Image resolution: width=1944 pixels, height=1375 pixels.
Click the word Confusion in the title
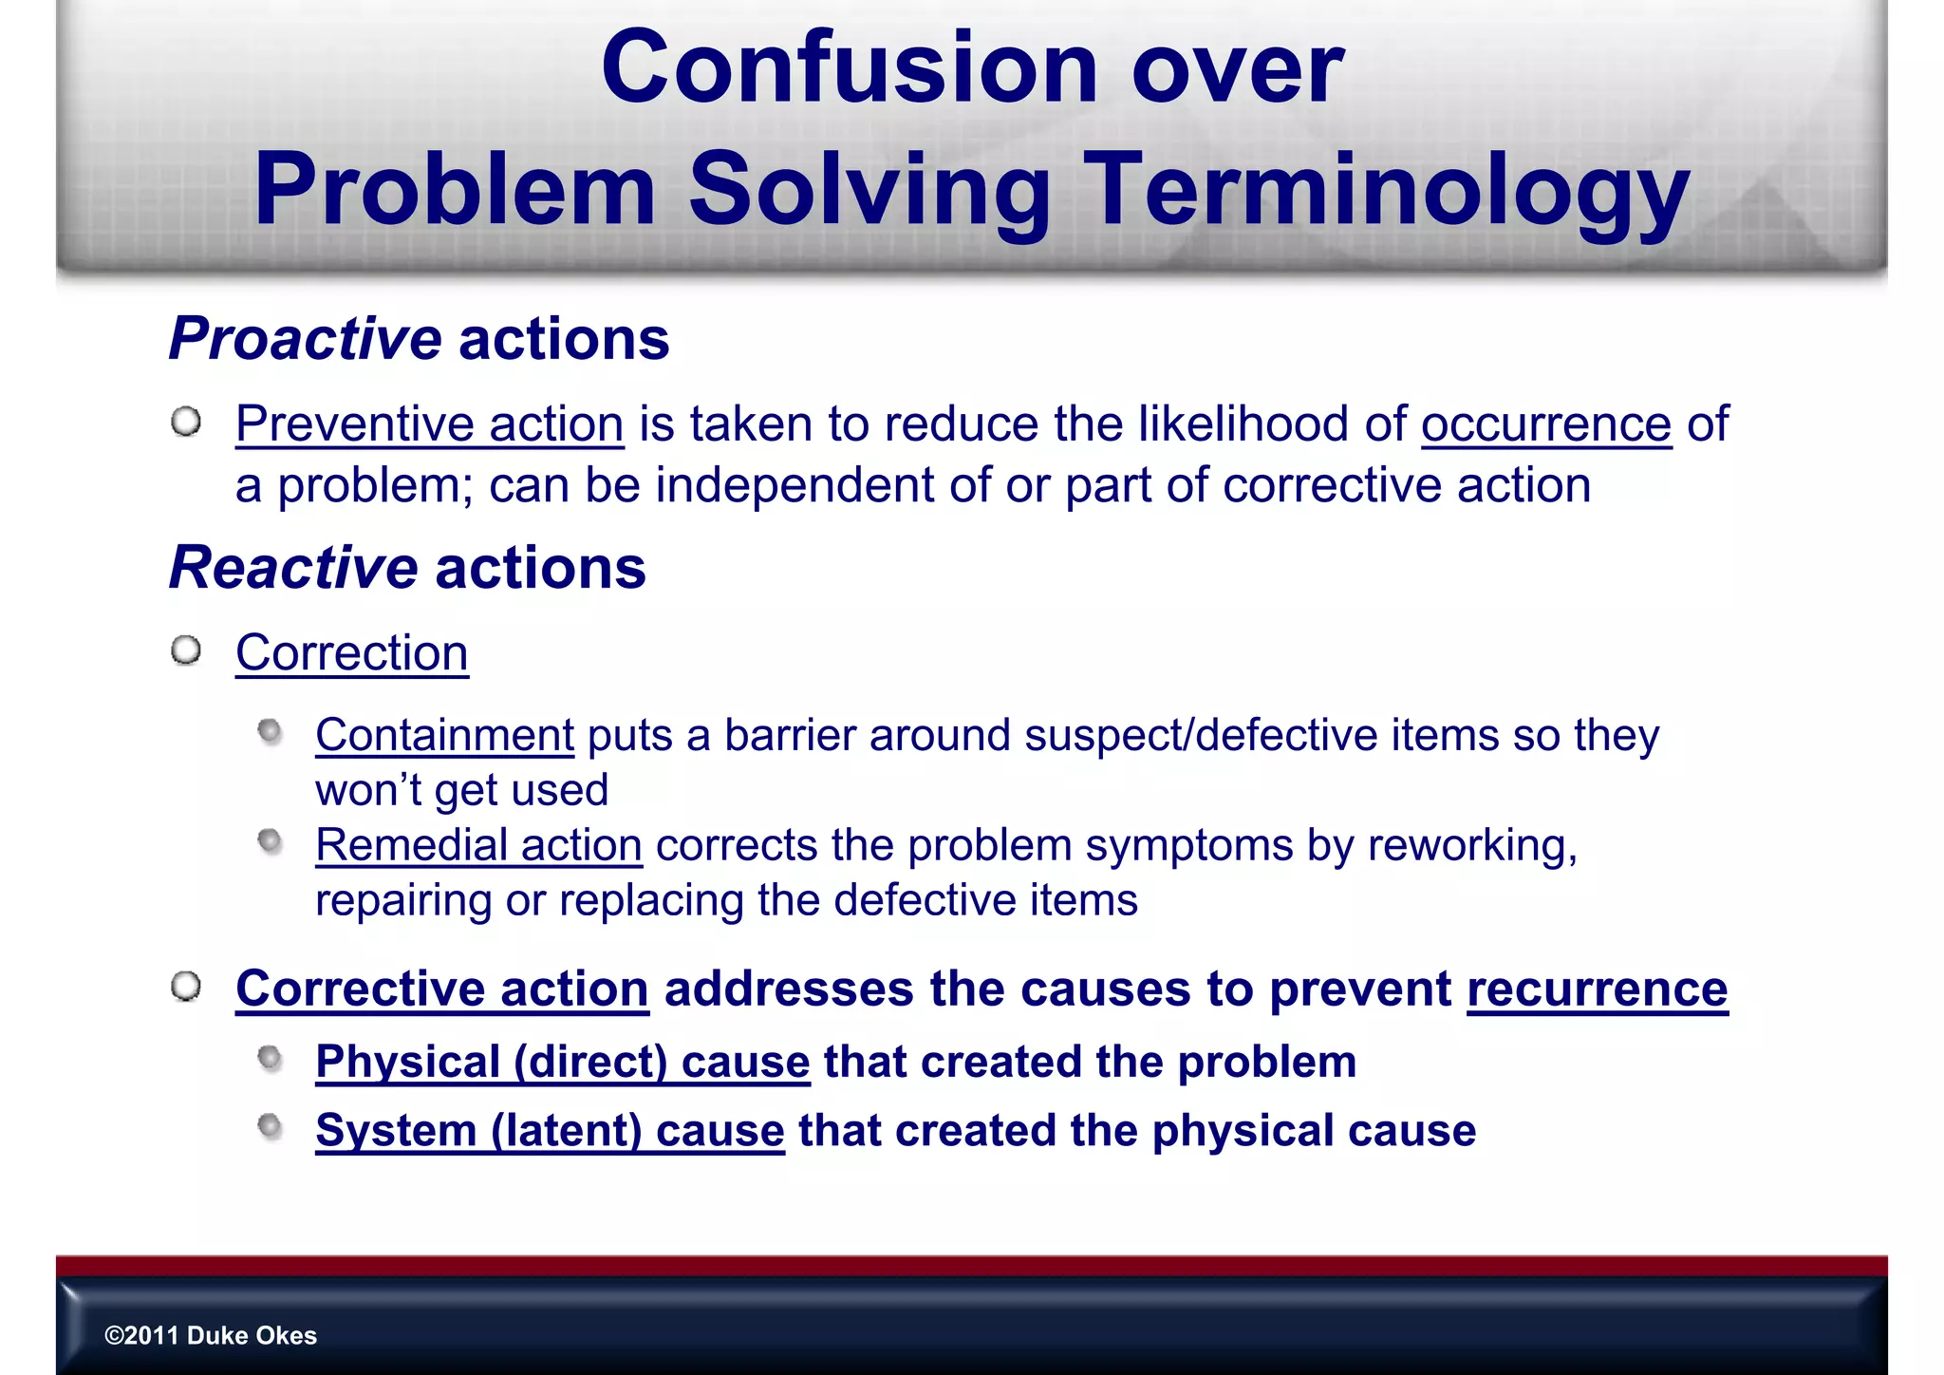click(x=850, y=68)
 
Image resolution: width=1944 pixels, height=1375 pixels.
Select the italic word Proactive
click(x=305, y=339)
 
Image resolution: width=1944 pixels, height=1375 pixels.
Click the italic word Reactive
click(x=293, y=568)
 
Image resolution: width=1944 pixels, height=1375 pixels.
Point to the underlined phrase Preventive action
click(x=429, y=424)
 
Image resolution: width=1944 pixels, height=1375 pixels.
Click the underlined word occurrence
click(x=1545, y=424)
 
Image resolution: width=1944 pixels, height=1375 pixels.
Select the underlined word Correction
click(x=351, y=653)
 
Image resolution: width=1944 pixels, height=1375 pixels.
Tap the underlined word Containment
click(x=444, y=735)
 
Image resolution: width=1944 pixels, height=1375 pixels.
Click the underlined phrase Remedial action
click(x=478, y=845)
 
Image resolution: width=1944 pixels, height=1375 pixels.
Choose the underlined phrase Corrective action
click(x=442, y=989)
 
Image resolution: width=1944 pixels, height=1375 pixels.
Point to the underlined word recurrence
click(x=1597, y=989)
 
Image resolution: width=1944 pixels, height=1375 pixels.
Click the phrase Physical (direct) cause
click(x=562, y=1062)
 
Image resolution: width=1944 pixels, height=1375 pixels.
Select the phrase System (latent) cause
click(x=550, y=1131)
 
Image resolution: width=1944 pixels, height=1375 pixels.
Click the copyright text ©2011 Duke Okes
click(x=211, y=1335)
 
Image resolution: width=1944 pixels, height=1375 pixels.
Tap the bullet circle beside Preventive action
click(x=187, y=422)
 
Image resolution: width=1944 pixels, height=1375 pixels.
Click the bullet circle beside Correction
click(x=187, y=650)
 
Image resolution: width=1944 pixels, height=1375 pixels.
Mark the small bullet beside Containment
click(x=271, y=731)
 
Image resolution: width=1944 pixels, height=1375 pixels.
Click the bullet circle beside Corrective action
click(x=187, y=986)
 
